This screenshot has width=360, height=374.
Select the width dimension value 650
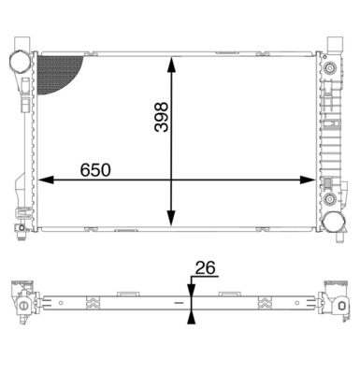coord(95,170)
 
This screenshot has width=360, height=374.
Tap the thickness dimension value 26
coord(204,268)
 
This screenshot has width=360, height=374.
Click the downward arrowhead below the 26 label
coord(191,290)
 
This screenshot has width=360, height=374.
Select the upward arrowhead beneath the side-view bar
coord(191,317)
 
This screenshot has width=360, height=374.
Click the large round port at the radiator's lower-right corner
coord(332,222)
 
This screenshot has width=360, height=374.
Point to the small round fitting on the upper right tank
coord(332,68)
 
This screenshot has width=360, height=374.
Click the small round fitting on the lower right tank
coord(332,199)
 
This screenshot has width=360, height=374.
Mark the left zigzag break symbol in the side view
coord(91,301)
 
